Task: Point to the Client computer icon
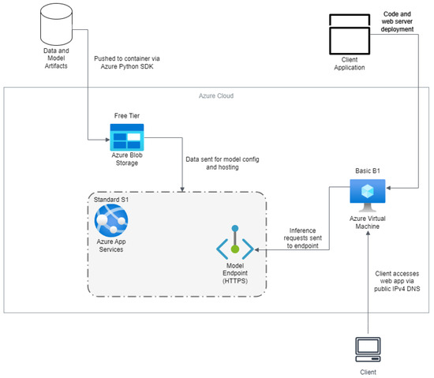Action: [x=368, y=348]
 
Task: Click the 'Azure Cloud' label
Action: [x=216, y=95]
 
